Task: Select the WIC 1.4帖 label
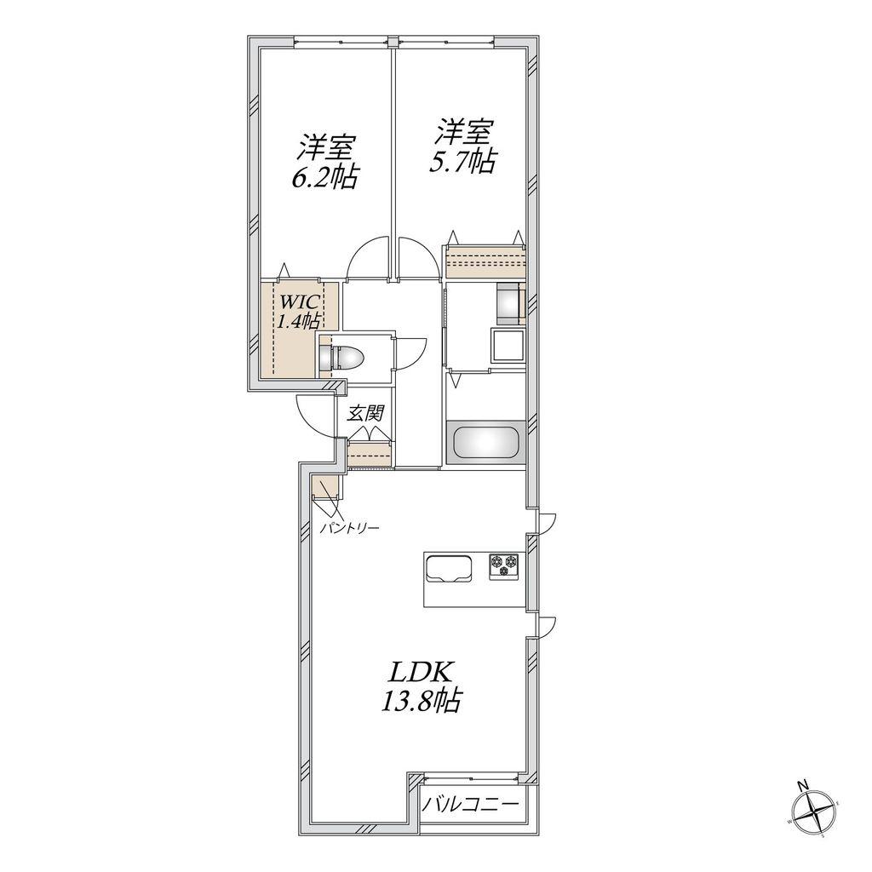click(x=299, y=312)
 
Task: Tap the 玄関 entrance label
click(x=366, y=413)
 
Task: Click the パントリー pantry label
click(x=349, y=527)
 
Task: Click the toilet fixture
click(x=341, y=357)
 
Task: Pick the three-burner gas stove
click(x=505, y=566)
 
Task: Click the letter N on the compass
click(x=802, y=785)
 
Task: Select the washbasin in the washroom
click(x=508, y=346)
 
